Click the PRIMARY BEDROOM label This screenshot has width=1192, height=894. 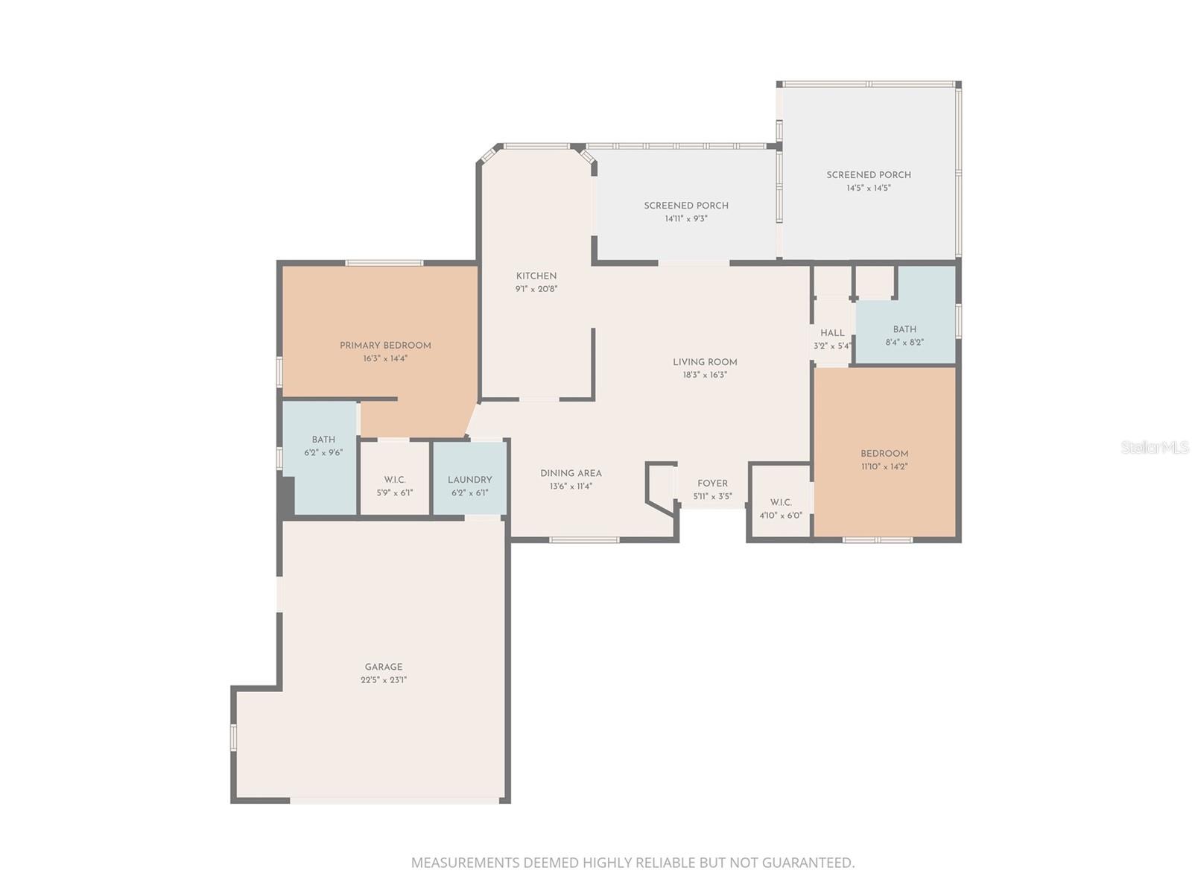(385, 346)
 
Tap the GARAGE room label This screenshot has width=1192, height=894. (384, 667)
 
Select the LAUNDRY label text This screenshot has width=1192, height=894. (470, 480)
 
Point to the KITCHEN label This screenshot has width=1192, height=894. (536, 276)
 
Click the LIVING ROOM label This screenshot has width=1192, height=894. (705, 362)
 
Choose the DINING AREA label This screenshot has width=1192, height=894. (571, 473)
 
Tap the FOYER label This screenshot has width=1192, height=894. (712, 483)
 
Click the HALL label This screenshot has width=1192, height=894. (832, 333)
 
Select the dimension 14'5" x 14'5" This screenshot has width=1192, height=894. (869, 188)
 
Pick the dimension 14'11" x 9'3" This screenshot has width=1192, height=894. (686, 219)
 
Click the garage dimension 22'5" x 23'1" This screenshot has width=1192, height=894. (384, 680)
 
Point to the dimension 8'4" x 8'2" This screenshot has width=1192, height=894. (904, 343)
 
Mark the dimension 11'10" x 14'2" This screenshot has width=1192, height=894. (884, 467)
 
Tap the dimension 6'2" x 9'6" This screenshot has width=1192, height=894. (323, 453)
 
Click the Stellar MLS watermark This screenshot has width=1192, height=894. (1155, 447)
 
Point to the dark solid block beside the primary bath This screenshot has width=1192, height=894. (286, 495)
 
